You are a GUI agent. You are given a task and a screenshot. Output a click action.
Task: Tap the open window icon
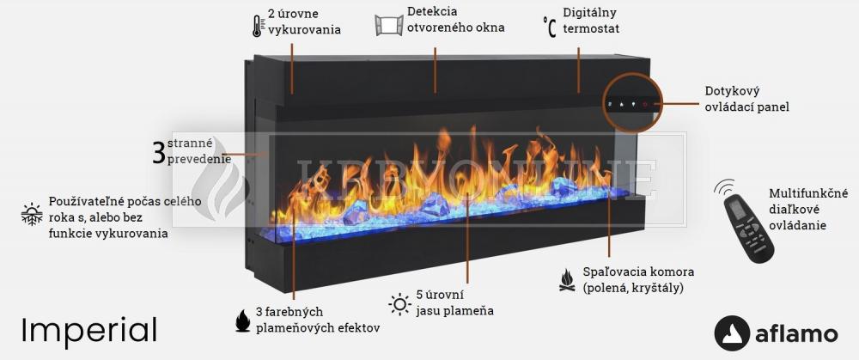(389, 26)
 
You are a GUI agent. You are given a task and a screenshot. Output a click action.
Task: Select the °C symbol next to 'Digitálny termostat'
(549, 27)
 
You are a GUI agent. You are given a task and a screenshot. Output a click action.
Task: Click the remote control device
(749, 229)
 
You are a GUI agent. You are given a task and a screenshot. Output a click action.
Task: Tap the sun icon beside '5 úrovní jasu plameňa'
(400, 304)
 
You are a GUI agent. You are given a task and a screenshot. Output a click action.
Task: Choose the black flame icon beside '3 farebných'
(242, 320)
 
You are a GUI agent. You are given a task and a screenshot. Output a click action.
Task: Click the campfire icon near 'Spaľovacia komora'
(567, 279)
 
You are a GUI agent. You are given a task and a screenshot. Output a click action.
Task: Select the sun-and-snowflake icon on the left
(32, 214)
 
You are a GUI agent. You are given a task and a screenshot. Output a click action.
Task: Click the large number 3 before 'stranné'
(159, 153)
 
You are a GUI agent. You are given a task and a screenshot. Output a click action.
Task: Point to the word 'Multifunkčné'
(808, 193)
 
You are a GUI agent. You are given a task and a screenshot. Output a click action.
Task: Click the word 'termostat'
(591, 28)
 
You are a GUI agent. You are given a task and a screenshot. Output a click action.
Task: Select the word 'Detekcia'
(432, 11)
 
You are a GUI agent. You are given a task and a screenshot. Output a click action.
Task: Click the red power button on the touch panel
(645, 104)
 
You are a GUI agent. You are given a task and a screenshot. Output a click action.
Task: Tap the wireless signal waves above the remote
(724, 187)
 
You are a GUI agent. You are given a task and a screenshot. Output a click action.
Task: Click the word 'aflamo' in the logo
(796, 334)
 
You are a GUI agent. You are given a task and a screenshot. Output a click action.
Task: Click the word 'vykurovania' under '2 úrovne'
(305, 29)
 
